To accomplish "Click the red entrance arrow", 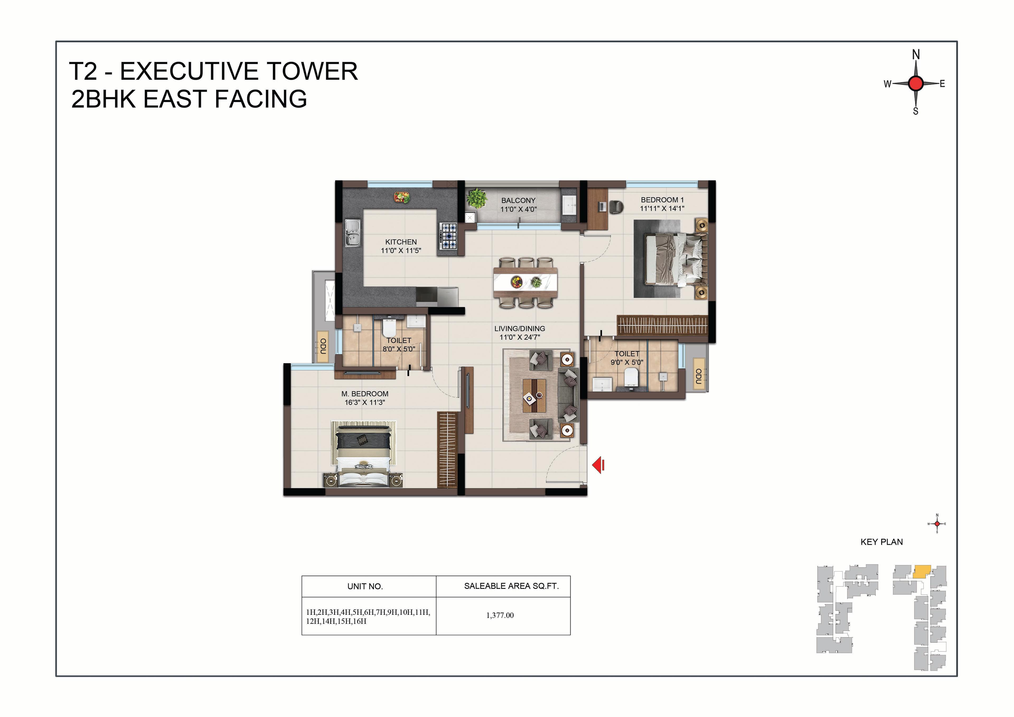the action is coord(598,465).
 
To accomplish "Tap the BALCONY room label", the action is coord(518,200).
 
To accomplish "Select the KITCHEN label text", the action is coord(401,242).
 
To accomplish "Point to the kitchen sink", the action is coord(353,233).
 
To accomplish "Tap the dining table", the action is coord(525,282).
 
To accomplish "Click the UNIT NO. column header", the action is coord(365,587).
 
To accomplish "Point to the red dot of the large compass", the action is coord(916,83).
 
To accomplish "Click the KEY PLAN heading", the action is coord(881,542).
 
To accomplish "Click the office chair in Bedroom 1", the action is coord(616,206).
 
